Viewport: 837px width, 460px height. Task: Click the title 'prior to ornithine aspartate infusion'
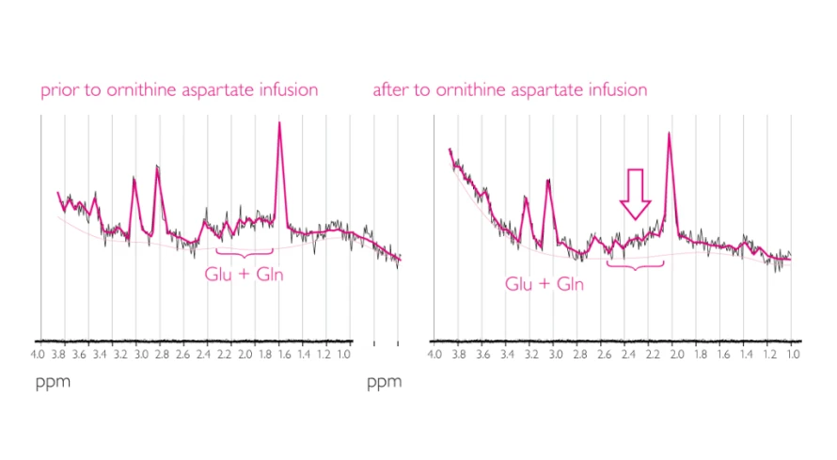179,91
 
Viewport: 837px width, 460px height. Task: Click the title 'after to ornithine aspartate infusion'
510,91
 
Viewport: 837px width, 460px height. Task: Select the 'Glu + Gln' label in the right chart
544,283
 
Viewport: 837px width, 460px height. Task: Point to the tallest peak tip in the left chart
279,123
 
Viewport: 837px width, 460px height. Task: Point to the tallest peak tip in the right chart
669,133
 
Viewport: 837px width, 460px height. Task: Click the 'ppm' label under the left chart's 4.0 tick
53,382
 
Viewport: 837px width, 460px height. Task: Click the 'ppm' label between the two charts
384,382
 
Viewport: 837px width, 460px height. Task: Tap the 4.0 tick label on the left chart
38,355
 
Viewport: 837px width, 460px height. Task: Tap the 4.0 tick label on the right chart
434,355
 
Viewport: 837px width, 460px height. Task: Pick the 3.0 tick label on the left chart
142,355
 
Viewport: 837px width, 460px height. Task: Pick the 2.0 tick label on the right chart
673,355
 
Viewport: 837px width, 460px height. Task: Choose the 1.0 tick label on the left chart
343,355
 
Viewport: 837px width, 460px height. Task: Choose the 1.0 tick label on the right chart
793,355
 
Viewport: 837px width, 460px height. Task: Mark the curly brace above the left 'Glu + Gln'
245,252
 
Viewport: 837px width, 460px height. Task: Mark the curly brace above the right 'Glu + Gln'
636,265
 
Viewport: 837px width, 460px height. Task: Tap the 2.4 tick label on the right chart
625,355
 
